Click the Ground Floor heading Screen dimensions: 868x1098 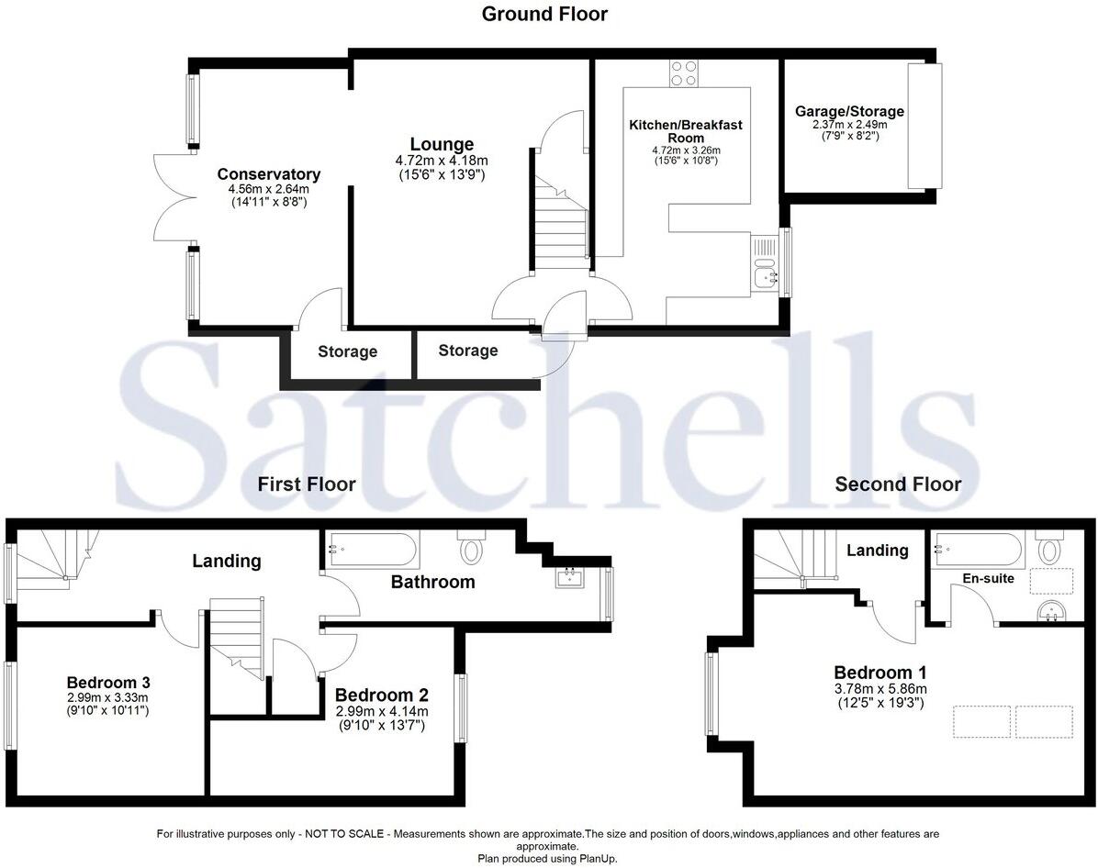click(544, 14)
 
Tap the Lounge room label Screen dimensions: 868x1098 click(442, 144)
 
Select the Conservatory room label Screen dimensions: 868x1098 click(268, 174)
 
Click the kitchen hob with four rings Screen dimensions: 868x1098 click(683, 72)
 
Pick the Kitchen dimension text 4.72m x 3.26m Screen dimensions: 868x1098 click(686, 150)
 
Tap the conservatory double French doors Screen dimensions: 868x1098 click(171, 197)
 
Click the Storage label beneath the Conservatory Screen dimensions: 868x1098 click(348, 351)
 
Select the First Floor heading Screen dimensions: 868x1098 click(307, 484)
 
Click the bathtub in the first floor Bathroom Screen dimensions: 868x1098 click(371, 550)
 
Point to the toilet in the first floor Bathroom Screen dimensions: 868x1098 click(471, 548)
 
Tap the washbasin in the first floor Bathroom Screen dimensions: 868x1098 click(569, 578)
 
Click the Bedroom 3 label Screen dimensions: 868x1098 click(108, 683)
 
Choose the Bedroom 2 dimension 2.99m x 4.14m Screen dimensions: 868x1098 click(381, 711)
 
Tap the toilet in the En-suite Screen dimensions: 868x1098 click(1048, 550)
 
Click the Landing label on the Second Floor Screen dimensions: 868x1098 click(877, 551)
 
